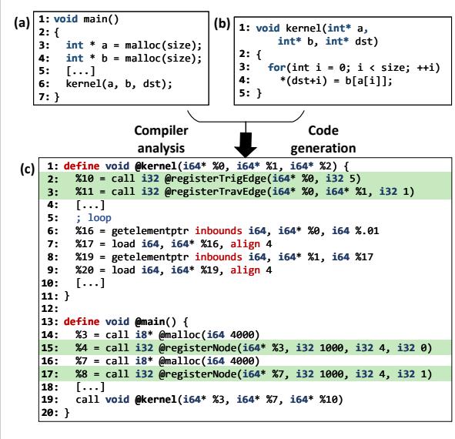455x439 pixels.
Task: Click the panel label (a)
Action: click(x=22, y=22)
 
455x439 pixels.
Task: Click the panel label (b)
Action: click(x=222, y=23)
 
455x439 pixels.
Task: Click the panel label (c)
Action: click(x=27, y=169)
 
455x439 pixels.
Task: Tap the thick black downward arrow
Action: click(x=246, y=145)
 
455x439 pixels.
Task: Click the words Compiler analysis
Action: click(x=161, y=139)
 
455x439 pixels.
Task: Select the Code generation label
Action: click(x=323, y=139)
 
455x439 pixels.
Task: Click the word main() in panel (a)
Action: click(x=101, y=19)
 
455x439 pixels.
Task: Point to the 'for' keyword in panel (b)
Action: click(x=276, y=67)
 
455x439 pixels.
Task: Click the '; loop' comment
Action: click(x=93, y=218)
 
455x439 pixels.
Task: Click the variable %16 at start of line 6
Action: click(x=85, y=231)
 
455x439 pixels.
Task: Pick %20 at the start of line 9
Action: click(x=85, y=270)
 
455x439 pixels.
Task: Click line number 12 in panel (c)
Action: click(x=49, y=308)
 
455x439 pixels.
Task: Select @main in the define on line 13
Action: click(x=149, y=321)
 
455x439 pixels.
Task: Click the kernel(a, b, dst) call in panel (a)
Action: click(x=119, y=84)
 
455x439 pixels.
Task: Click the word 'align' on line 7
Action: click(x=245, y=244)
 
